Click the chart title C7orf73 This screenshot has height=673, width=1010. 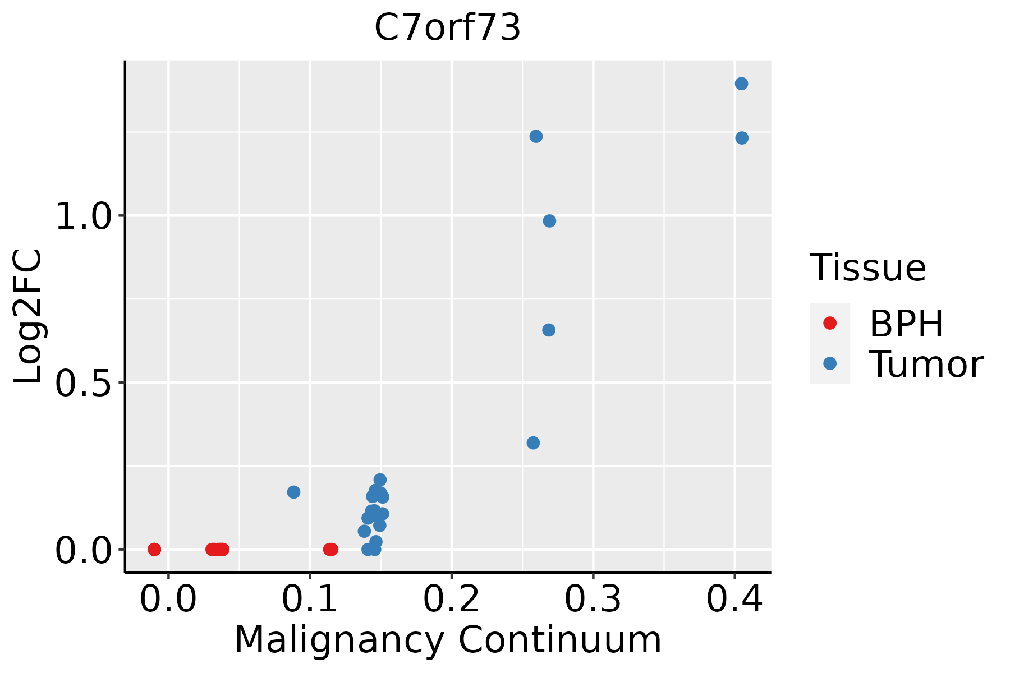tap(447, 28)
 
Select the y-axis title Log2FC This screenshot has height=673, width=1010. tap(28, 317)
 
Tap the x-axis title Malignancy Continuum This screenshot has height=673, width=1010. tap(447, 640)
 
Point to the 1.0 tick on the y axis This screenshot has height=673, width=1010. tap(84, 216)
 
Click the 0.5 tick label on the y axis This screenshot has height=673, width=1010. tap(84, 384)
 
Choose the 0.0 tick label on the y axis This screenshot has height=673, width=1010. tap(84, 551)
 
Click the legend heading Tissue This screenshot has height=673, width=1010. tap(867, 268)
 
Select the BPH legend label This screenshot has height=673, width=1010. tap(906, 324)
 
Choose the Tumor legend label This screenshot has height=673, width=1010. tap(926, 365)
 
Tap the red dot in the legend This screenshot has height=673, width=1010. tap(829, 323)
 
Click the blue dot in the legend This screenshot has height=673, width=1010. tap(829, 363)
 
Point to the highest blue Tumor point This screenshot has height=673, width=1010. tap(741, 84)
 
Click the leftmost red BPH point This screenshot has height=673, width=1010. tap(154, 549)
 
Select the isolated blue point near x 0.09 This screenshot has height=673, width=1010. tap(293, 492)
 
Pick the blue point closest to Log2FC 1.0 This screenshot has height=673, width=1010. tap(549, 221)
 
